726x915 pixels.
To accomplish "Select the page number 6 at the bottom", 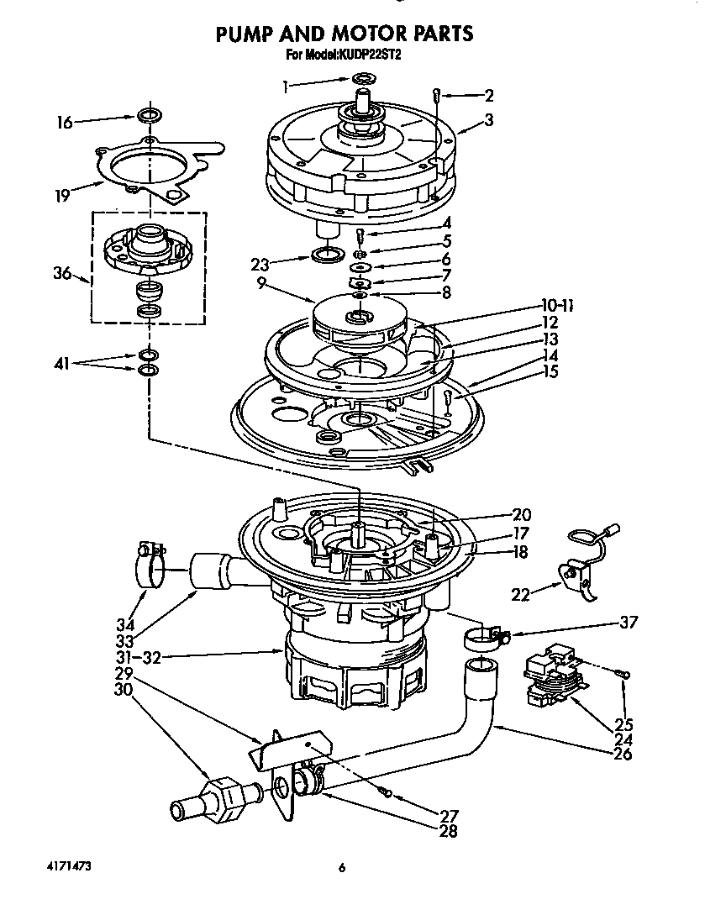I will tap(342, 869).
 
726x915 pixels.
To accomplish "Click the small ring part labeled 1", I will tap(363, 79).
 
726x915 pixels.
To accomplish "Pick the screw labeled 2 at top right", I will tap(437, 94).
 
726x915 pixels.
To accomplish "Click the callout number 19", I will tap(62, 197).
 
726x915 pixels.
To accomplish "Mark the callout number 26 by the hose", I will tap(623, 755).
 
